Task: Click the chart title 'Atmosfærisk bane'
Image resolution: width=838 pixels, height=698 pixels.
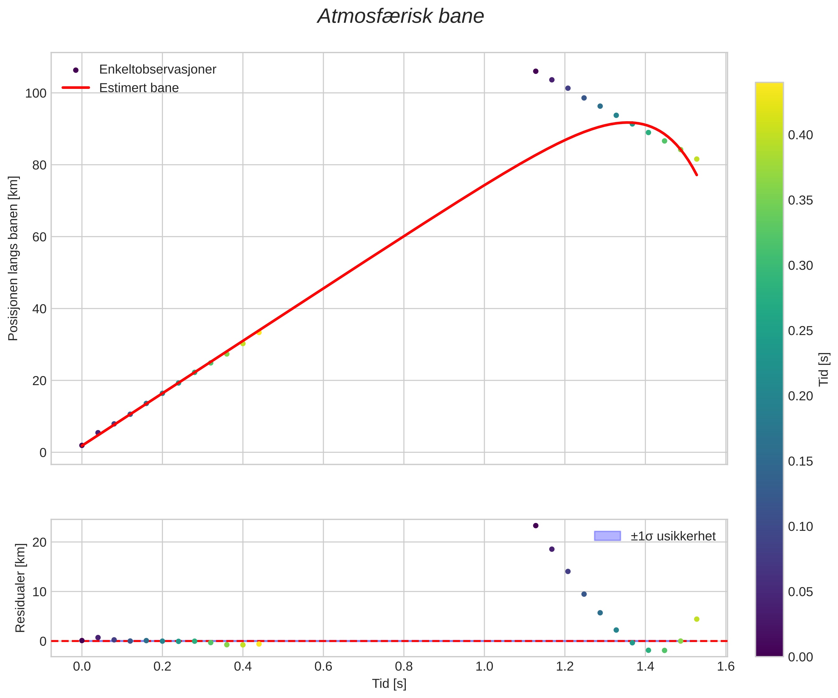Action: pyautogui.click(x=400, y=17)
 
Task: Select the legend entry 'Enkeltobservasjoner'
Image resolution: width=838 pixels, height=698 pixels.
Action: pyautogui.click(x=157, y=69)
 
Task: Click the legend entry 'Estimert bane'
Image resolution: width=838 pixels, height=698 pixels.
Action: pyautogui.click(x=139, y=88)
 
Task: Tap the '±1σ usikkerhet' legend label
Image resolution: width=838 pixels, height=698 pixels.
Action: pyautogui.click(x=673, y=536)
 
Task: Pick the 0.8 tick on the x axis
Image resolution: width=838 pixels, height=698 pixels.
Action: pyautogui.click(x=404, y=667)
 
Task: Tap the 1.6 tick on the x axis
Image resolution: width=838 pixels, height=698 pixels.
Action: pyautogui.click(x=725, y=667)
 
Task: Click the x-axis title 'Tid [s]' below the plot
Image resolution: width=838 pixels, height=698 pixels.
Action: pyautogui.click(x=389, y=684)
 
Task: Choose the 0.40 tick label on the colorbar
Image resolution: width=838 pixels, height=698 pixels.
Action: pyautogui.click(x=800, y=135)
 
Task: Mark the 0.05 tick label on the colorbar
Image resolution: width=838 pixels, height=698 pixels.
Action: pyautogui.click(x=800, y=592)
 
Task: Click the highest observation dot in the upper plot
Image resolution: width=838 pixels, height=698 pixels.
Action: pyautogui.click(x=535, y=71)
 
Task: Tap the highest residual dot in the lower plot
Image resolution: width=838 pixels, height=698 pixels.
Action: pyautogui.click(x=535, y=526)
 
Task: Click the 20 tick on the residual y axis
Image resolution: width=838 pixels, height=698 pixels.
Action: pyautogui.click(x=39, y=542)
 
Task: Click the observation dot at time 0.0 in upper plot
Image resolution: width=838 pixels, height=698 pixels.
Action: pyautogui.click(x=82, y=445)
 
